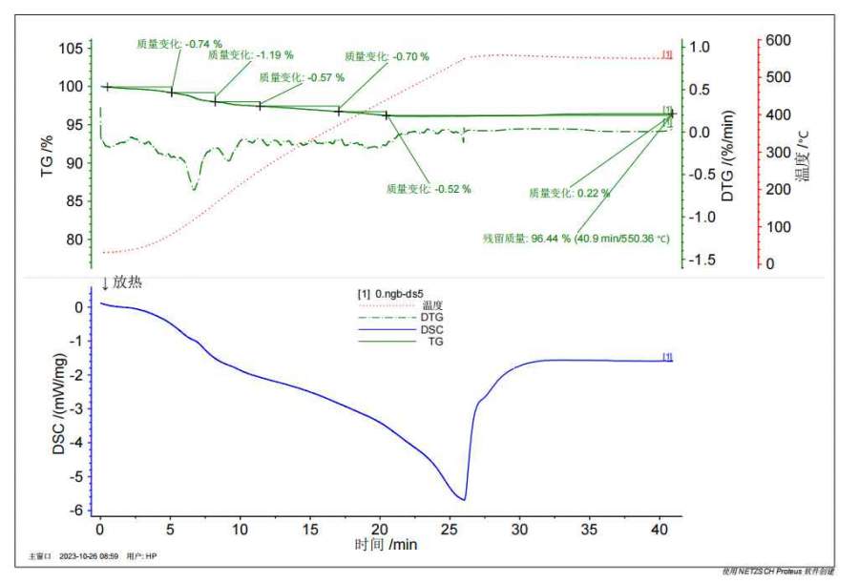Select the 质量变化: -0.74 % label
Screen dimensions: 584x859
(x=178, y=43)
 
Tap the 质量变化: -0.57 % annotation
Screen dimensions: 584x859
(x=302, y=77)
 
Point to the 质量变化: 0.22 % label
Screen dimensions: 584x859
(x=569, y=193)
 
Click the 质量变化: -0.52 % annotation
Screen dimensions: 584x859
(x=429, y=189)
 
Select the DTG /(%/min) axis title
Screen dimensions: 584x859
(x=728, y=153)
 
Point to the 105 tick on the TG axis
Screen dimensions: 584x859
(x=71, y=49)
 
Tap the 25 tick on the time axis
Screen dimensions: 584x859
(x=450, y=527)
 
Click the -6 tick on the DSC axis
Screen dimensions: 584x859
(x=78, y=511)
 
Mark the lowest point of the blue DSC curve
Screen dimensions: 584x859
(x=464, y=499)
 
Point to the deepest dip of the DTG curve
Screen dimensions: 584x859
(x=194, y=189)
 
